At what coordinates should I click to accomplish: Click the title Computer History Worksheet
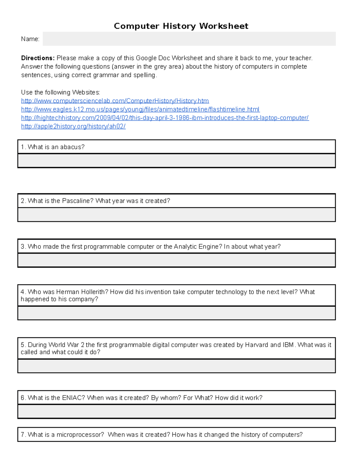(181, 26)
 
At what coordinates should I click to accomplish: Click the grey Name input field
(189, 39)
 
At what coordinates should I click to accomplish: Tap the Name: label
(30, 39)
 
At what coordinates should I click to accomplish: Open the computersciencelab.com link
(115, 101)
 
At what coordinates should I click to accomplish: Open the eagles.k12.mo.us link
(140, 109)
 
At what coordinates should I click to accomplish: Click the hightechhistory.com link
(165, 118)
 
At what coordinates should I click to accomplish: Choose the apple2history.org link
(73, 126)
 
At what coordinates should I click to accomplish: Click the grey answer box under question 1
(176, 161)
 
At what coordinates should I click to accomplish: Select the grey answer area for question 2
(176, 215)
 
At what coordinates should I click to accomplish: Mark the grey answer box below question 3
(176, 260)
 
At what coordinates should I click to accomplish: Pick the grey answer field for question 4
(176, 313)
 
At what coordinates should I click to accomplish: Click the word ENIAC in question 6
(73, 398)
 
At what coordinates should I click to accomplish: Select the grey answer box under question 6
(176, 411)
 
